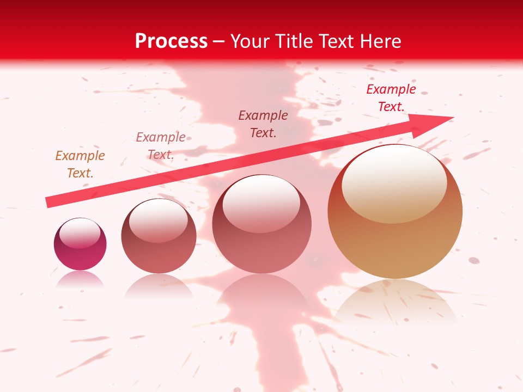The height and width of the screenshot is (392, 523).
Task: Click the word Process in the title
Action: click(x=171, y=41)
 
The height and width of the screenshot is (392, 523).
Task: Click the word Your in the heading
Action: click(x=252, y=41)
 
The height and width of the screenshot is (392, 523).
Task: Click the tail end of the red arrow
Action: click(x=49, y=203)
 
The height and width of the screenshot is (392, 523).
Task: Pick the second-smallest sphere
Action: click(x=159, y=237)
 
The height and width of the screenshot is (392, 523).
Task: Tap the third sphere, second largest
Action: click(x=262, y=226)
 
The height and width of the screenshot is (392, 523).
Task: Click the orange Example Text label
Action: click(x=80, y=164)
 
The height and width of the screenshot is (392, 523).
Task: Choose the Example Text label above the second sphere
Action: click(x=161, y=146)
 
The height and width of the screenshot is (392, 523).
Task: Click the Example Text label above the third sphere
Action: click(x=263, y=124)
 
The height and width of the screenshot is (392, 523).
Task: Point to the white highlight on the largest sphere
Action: click(x=394, y=182)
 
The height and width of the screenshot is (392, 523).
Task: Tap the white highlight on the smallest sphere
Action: click(x=80, y=233)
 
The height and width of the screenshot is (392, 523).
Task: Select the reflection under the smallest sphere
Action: click(x=80, y=279)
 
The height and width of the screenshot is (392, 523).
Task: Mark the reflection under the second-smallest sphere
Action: click(x=159, y=286)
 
